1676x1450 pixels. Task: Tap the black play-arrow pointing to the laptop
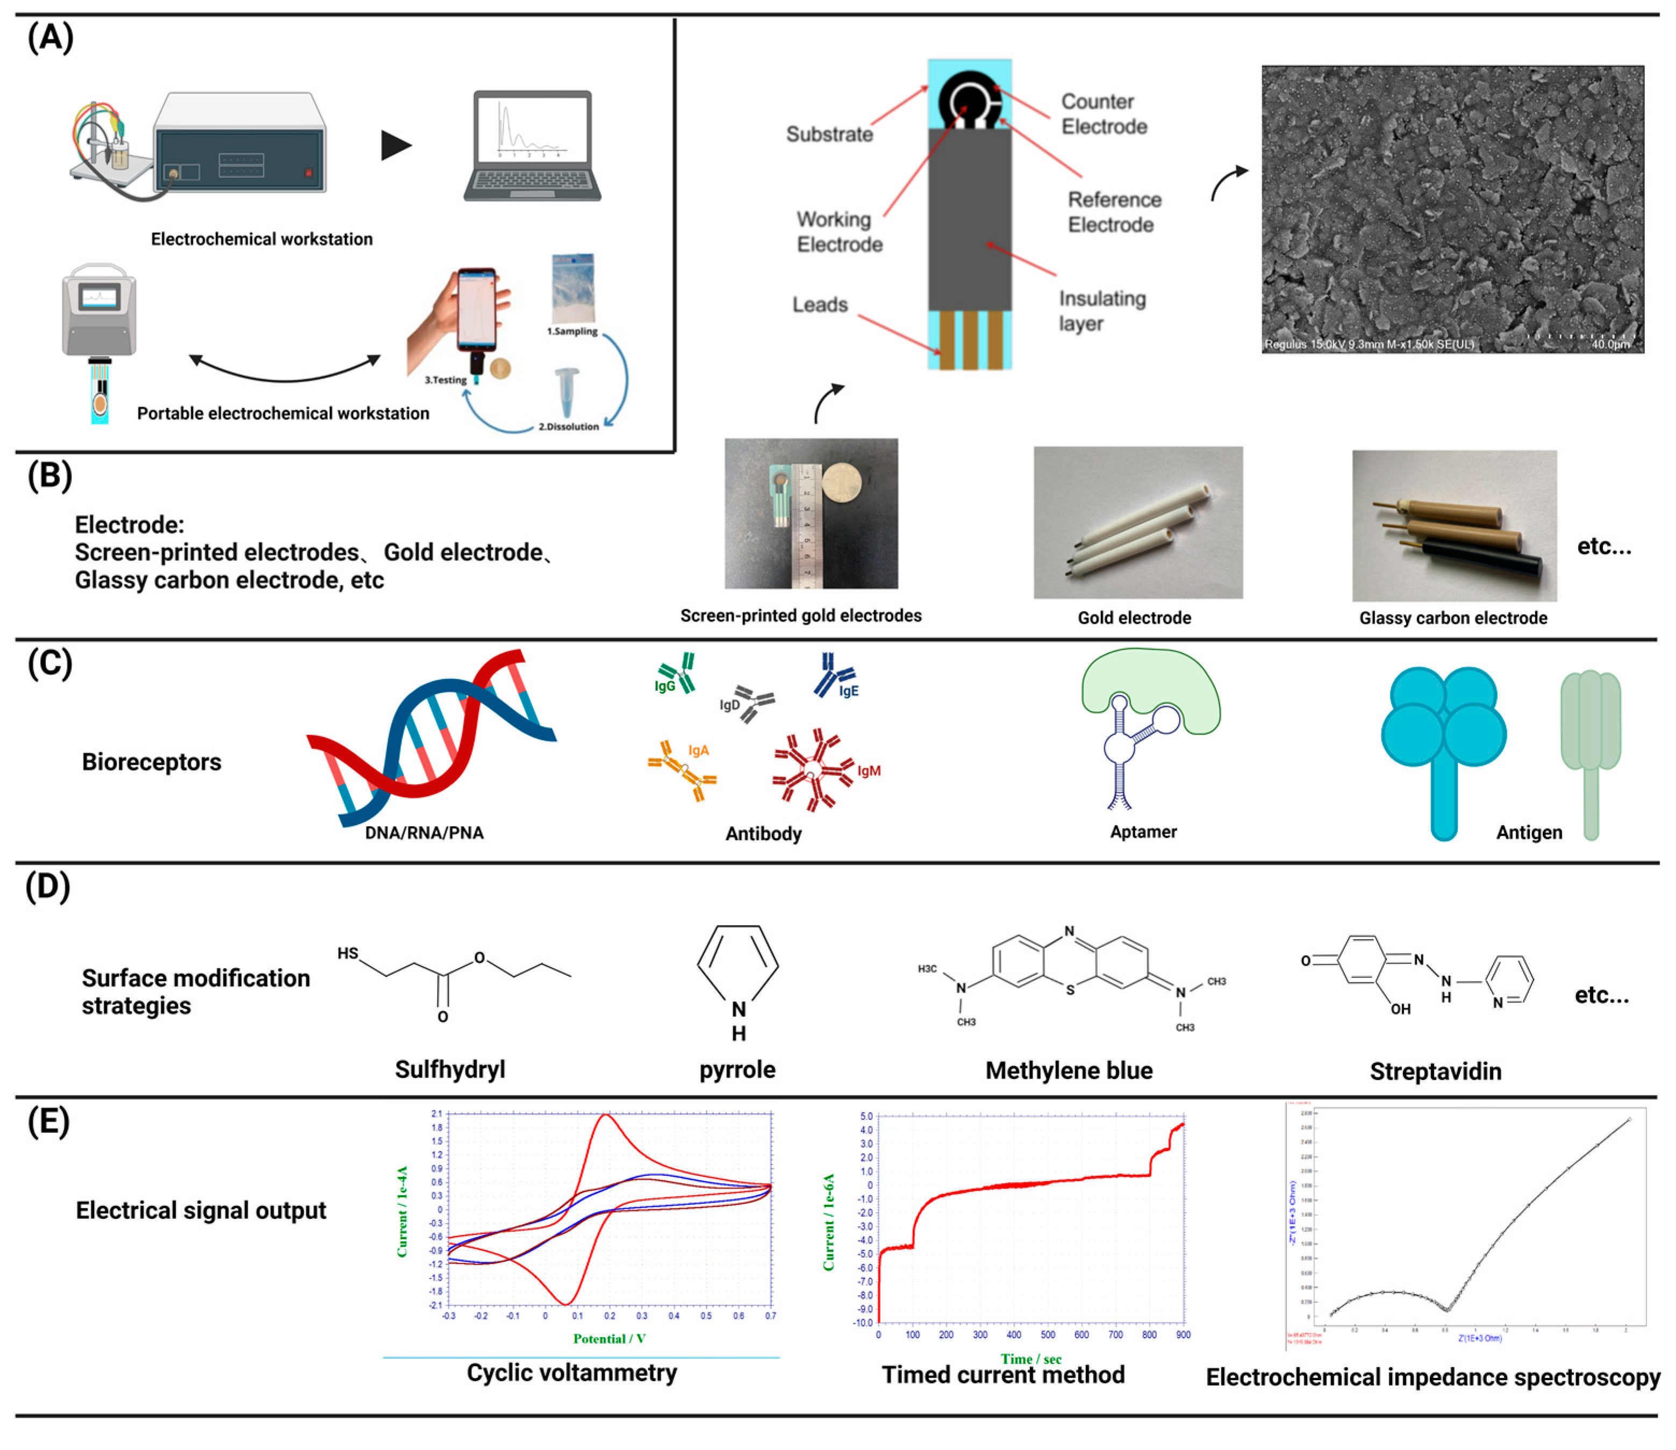click(x=396, y=146)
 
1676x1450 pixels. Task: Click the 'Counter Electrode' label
click(x=1104, y=114)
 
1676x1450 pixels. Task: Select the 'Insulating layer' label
click(x=1102, y=311)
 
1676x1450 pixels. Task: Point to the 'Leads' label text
click(x=819, y=305)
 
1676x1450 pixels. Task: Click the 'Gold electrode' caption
click(x=1134, y=618)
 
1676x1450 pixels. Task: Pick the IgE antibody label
click(x=848, y=691)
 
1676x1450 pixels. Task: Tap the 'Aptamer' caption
click(x=1143, y=832)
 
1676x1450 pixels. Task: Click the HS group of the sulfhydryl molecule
click(x=348, y=953)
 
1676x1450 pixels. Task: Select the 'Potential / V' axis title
click(x=609, y=1339)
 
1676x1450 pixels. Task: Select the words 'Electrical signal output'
click(x=200, y=1211)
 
